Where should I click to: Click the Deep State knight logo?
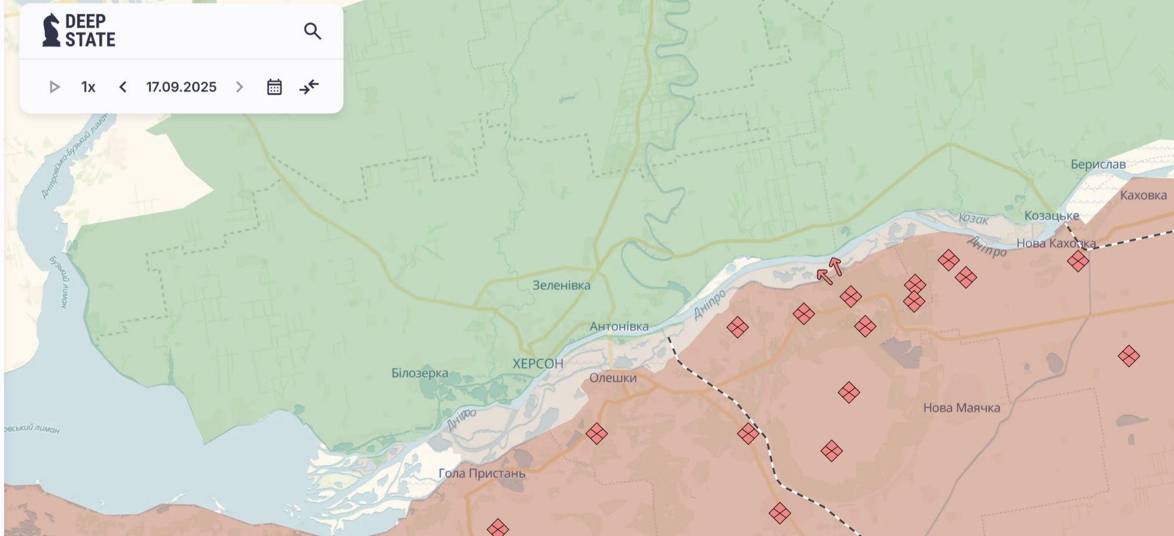coord(52,31)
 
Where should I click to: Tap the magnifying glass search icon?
coord(312,31)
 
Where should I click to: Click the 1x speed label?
coord(88,87)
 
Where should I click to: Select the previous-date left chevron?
coord(123,87)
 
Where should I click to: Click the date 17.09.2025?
coord(181,87)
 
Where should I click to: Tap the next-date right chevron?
coord(239,87)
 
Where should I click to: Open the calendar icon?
coord(274,87)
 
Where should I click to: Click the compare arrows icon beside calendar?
coord(309,87)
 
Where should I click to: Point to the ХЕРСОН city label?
coord(538,364)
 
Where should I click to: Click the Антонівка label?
coord(618,326)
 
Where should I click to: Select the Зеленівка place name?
coord(561,286)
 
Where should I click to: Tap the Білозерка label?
coord(419,373)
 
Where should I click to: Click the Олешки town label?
coord(612,378)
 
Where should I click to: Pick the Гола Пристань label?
coord(482,473)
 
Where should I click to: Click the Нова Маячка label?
coord(961,408)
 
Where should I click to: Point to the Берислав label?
coord(1098,164)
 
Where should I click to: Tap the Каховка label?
coord(1143,195)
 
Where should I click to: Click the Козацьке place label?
coord(1051,216)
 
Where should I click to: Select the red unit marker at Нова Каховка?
coord(1078,261)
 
